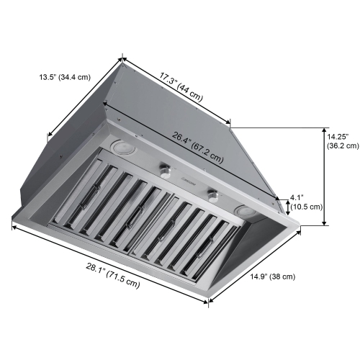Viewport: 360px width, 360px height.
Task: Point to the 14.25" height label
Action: pyautogui.click(x=338, y=136)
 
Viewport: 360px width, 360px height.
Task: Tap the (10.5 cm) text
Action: pyautogui.click(x=306, y=206)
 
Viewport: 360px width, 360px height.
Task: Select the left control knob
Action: pyautogui.click(x=168, y=171)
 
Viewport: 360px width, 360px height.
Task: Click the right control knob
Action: pyautogui.click(x=212, y=194)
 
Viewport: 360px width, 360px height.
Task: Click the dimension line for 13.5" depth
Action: pyautogui.click(x=85, y=96)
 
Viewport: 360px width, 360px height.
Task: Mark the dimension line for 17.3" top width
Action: pyautogui.click(x=177, y=90)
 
